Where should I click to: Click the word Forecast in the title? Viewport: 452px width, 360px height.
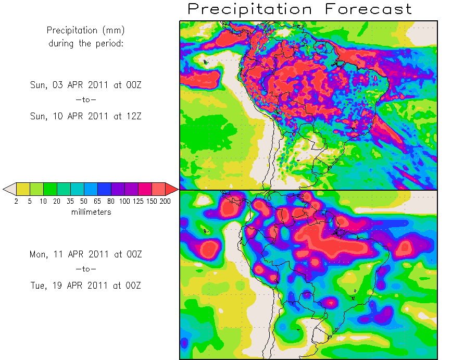point(368,9)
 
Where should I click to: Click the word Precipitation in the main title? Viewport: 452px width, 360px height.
point(250,9)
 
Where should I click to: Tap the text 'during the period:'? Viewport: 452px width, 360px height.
point(86,43)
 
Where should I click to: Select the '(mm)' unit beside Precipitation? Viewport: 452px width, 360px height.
point(115,31)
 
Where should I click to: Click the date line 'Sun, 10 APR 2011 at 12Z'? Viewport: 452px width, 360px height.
point(86,116)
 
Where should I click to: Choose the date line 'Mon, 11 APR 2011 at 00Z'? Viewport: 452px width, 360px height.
point(86,254)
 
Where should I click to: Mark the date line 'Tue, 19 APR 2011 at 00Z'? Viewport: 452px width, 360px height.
point(86,285)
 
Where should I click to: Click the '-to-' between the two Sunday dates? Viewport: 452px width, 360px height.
point(86,100)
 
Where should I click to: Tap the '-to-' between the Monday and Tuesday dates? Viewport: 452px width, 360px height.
point(86,269)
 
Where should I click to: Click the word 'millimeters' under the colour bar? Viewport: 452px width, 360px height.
point(91,212)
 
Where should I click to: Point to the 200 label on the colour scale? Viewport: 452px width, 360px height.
point(165,202)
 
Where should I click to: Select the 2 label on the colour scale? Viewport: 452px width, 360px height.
point(17,202)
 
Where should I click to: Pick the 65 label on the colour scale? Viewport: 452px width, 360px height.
point(97,202)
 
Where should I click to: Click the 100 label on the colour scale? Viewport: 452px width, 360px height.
point(124,202)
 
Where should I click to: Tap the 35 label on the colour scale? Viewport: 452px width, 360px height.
point(70,202)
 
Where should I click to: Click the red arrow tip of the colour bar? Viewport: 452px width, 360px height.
point(172,189)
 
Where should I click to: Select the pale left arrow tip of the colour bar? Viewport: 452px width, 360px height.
point(9,189)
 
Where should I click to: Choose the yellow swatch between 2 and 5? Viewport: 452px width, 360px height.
point(23,189)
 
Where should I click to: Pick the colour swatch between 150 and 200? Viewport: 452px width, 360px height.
point(158,189)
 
